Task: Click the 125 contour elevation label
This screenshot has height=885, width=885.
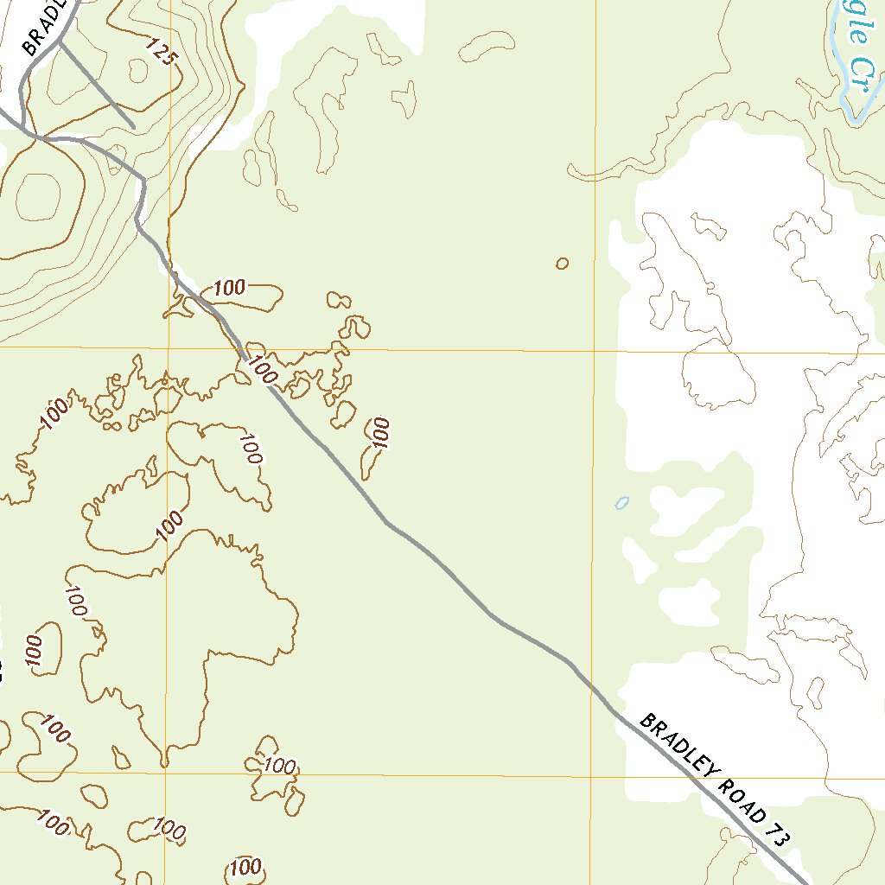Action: (x=162, y=53)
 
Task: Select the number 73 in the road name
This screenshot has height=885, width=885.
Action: (x=777, y=835)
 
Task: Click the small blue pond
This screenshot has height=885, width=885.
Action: (x=621, y=502)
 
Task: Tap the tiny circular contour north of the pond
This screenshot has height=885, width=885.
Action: (x=563, y=263)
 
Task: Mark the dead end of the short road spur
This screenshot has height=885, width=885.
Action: (x=134, y=128)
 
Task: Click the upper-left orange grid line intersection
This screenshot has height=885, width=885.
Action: (x=169, y=348)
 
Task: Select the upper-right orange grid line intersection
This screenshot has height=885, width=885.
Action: (x=595, y=352)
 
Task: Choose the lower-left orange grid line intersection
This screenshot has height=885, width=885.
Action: (x=164, y=771)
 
